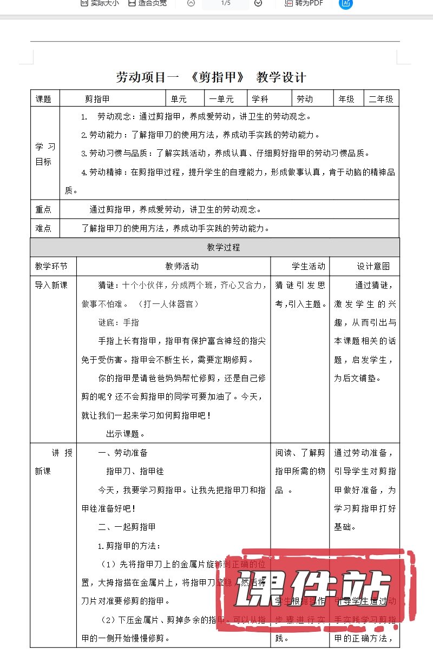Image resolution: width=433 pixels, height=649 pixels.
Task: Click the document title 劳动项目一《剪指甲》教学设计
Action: tap(211, 77)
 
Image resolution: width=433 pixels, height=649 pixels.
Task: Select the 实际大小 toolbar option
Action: tap(100, 3)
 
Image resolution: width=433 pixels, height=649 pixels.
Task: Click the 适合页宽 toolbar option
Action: tap(147, 3)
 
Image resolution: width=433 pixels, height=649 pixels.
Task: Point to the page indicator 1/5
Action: tap(226, 3)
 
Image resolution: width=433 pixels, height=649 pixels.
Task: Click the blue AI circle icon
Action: tap(345, 3)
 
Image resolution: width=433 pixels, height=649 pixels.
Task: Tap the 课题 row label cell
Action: tap(44, 99)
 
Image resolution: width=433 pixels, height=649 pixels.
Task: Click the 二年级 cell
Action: tap(381, 99)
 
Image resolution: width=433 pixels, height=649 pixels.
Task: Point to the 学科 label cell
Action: tap(264, 99)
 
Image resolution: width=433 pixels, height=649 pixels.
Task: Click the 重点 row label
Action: tap(44, 209)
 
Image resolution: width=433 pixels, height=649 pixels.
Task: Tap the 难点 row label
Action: tap(44, 228)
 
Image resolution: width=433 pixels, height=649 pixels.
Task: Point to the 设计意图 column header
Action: tap(373, 266)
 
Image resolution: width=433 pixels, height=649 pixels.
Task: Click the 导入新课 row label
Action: tap(51, 285)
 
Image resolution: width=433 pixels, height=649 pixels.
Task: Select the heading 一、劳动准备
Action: tap(123, 453)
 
